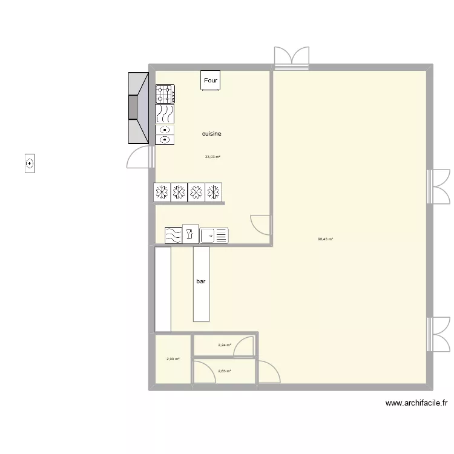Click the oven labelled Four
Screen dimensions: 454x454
point(211,81)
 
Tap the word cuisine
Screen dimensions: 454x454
point(212,134)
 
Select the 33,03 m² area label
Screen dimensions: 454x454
point(212,157)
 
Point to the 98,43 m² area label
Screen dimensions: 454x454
point(326,239)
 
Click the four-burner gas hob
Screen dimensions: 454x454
point(165,94)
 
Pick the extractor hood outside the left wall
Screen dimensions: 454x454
point(138,108)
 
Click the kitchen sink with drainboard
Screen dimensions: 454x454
point(214,235)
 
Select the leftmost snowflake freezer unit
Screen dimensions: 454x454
point(162,192)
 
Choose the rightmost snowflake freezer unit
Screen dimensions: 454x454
point(213,192)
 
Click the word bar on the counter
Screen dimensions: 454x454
point(201,281)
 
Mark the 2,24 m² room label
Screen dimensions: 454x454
point(225,346)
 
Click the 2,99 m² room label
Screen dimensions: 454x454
point(173,359)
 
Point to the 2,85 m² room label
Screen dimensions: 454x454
point(225,371)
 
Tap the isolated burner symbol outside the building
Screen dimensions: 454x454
point(30,163)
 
